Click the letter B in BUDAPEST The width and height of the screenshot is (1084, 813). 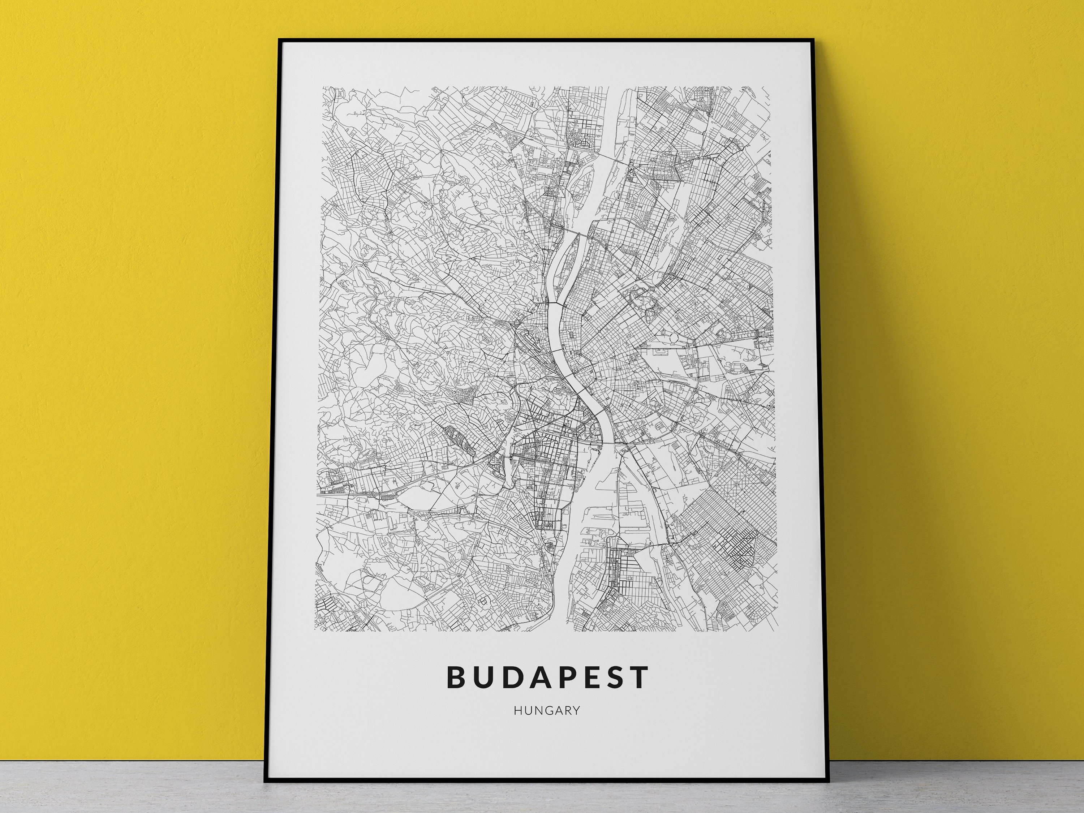pos(456,677)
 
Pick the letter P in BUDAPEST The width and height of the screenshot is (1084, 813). pos(565,677)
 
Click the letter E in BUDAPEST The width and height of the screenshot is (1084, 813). pos(590,677)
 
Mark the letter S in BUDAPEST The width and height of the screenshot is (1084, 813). pos(614,677)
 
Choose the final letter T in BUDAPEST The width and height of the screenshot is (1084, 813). pos(640,677)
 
